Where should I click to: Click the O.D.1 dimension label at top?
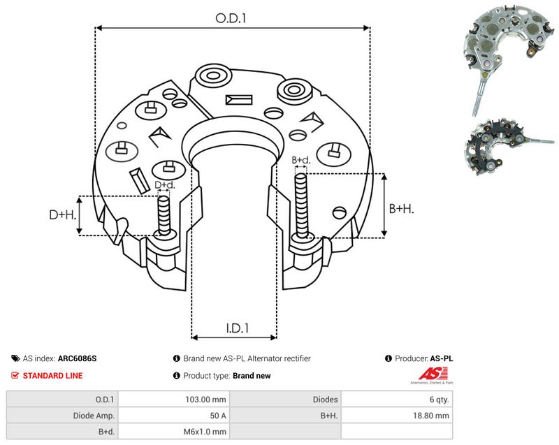point(231,18)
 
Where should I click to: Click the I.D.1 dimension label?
point(238,328)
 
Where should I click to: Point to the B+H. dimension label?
point(401,208)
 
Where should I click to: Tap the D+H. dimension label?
point(63,214)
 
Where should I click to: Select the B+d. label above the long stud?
point(301,160)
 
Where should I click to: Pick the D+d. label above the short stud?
point(165,185)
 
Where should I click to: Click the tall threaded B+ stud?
point(301,206)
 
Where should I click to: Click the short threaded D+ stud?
point(164,216)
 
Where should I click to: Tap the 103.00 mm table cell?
point(205,400)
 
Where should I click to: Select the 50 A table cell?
point(218,416)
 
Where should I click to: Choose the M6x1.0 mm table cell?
point(205,432)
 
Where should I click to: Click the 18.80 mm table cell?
point(431,416)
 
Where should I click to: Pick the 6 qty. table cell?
point(440,400)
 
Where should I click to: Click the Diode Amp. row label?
point(94,416)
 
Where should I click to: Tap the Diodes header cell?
point(325,400)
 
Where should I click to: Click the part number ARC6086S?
point(77,358)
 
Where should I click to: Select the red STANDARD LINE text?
point(53,376)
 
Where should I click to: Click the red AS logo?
point(433,374)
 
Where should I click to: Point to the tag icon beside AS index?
point(15,358)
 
